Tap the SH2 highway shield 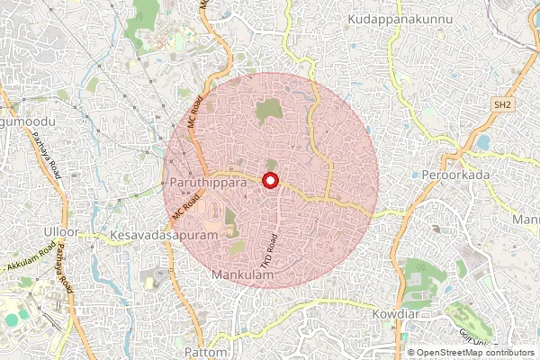tap(502, 106)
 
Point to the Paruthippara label tap(207, 182)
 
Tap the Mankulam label tap(240, 274)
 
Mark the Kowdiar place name tap(397, 315)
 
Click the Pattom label tap(205, 350)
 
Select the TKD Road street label tap(267, 247)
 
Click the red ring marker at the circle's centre tap(270, 181)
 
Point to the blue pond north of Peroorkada tap(484, 142)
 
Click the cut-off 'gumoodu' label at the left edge tap(28, 121)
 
